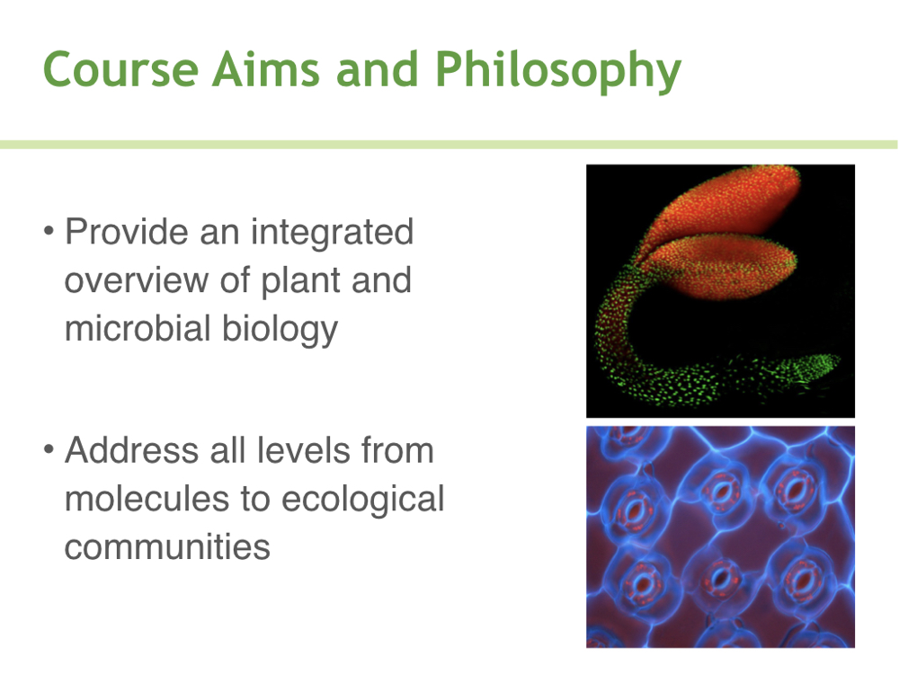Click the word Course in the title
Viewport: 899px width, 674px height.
[121, 69]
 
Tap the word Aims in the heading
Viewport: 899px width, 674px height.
[266, 69]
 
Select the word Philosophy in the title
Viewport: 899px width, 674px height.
[558, 70]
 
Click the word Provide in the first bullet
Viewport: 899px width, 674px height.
[127, 232]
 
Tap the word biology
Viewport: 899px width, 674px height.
[280, 330]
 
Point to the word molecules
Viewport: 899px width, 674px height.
[147, 498]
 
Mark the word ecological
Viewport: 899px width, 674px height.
[363, 499]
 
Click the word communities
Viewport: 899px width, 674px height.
[167, 547]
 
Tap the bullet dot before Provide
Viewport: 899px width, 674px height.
[49, 232]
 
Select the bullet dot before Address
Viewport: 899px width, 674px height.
[49, 450]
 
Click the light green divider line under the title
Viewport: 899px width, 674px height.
[449, 145]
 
